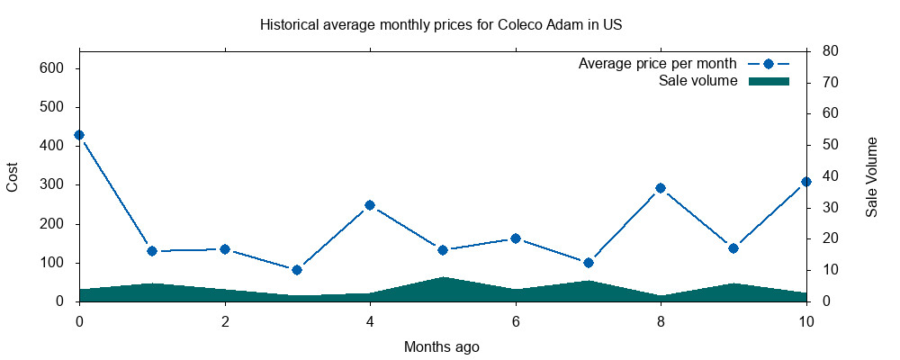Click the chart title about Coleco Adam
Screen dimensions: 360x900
point(441,24)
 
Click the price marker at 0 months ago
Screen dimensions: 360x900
point(79,135)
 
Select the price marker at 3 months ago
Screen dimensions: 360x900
point(297,270)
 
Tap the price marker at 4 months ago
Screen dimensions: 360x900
point(370,205)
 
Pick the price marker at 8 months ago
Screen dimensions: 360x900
point(661,188)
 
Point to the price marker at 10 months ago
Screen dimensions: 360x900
point(806,182)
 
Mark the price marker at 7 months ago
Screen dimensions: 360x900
point(589,263)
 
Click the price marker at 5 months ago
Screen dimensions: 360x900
point(443,250)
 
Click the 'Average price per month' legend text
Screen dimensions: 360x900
point(658,64)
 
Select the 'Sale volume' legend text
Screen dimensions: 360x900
point(698,81)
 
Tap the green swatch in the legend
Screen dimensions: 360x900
point(769,81)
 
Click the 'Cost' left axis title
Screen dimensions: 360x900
point(13,176)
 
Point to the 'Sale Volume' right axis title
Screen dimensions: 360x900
point(872,176)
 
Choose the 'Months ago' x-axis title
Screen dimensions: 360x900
point(441,346)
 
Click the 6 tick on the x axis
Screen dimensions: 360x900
point(516,319)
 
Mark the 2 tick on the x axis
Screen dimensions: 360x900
point(225,319)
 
